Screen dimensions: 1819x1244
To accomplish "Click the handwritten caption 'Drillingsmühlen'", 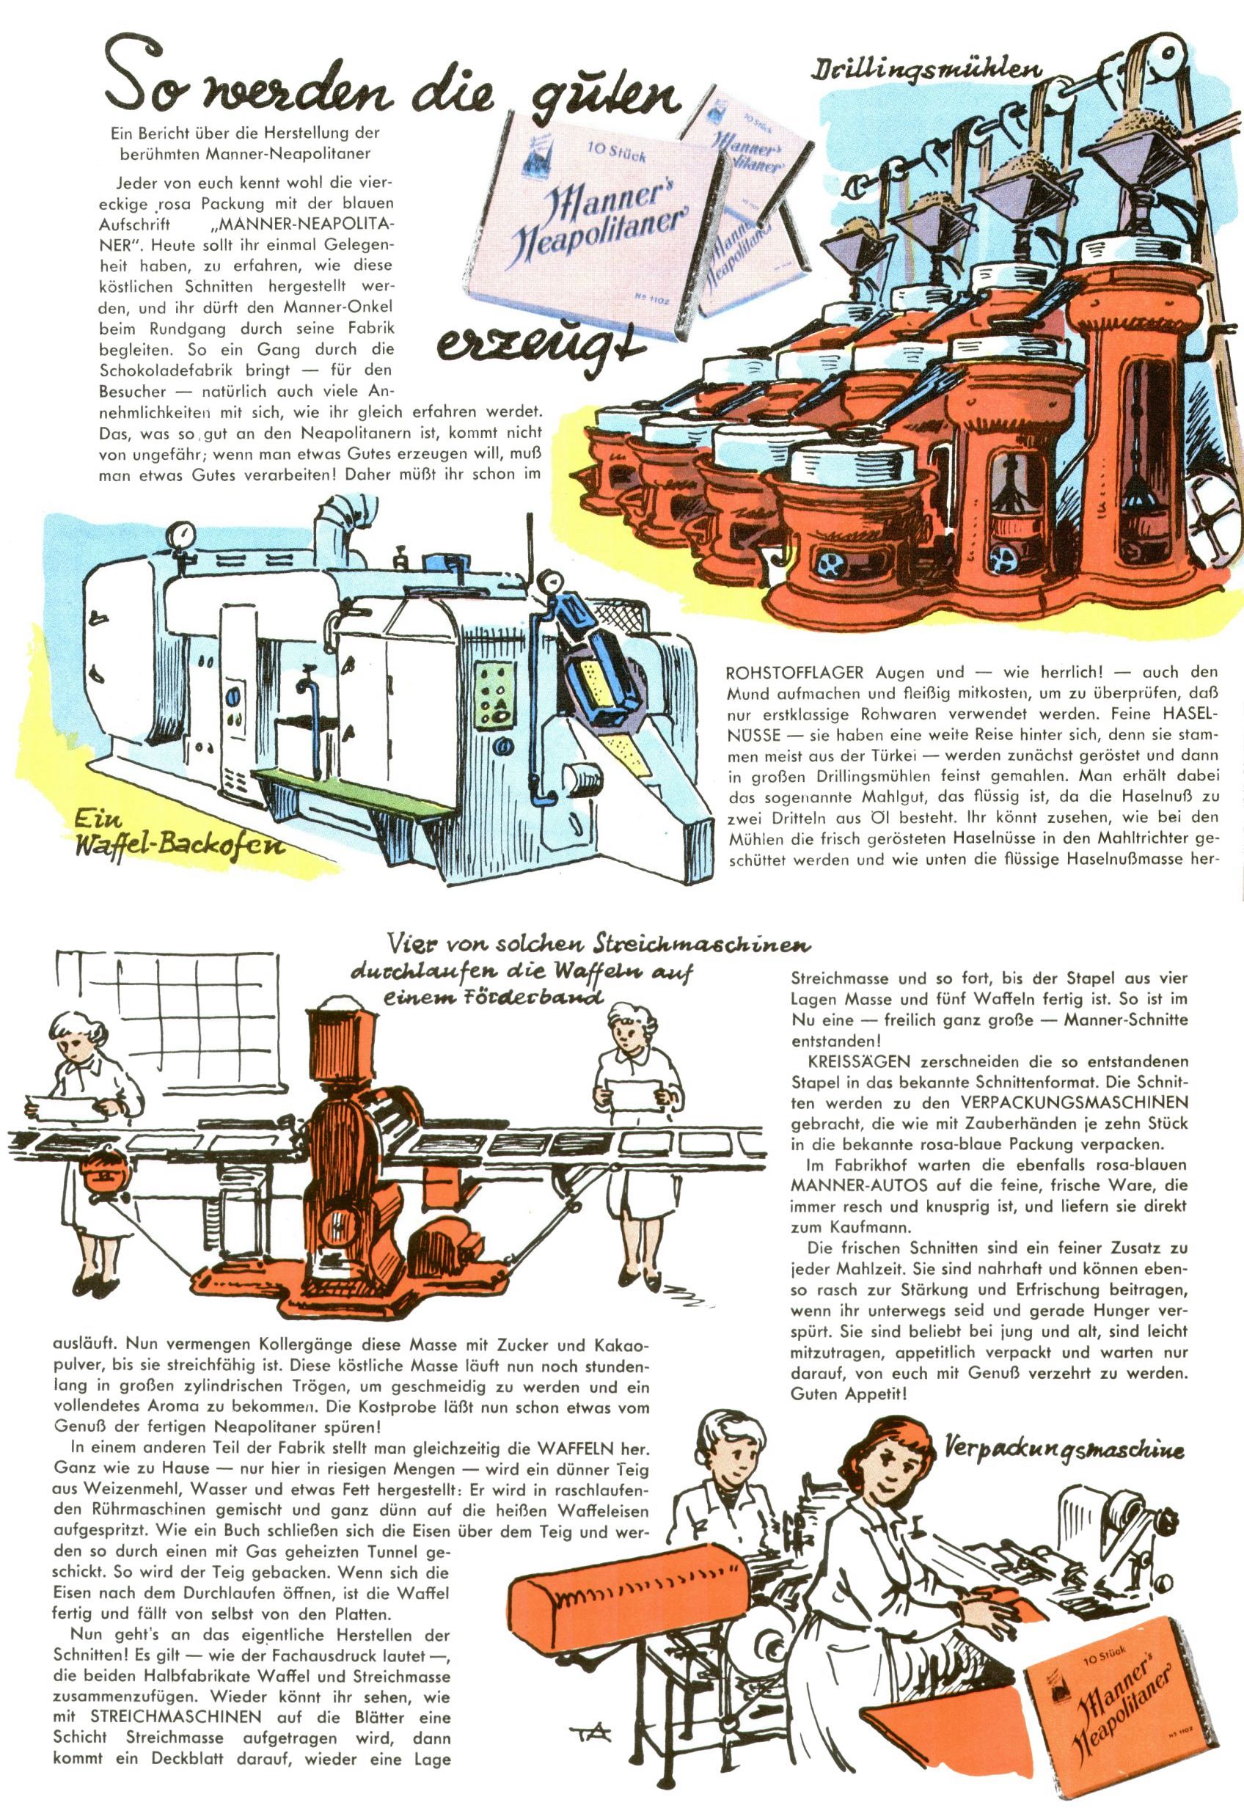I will coord(928,73).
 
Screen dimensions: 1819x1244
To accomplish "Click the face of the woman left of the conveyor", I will coord(72,1045).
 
